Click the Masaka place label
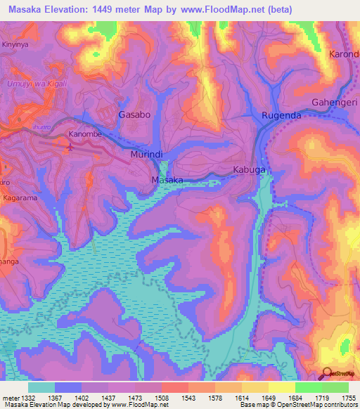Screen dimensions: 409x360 (167, 180)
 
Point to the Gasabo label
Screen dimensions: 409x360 (134, 115)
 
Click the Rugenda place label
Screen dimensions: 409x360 (281, 115)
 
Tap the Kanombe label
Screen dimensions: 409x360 (86, 134)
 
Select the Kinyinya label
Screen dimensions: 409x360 (15, 44)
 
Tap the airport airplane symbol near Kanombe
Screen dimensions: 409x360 (69, 147)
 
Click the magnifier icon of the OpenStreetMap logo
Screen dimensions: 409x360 (328, 374)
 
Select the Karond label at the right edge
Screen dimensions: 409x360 (344, 54)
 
